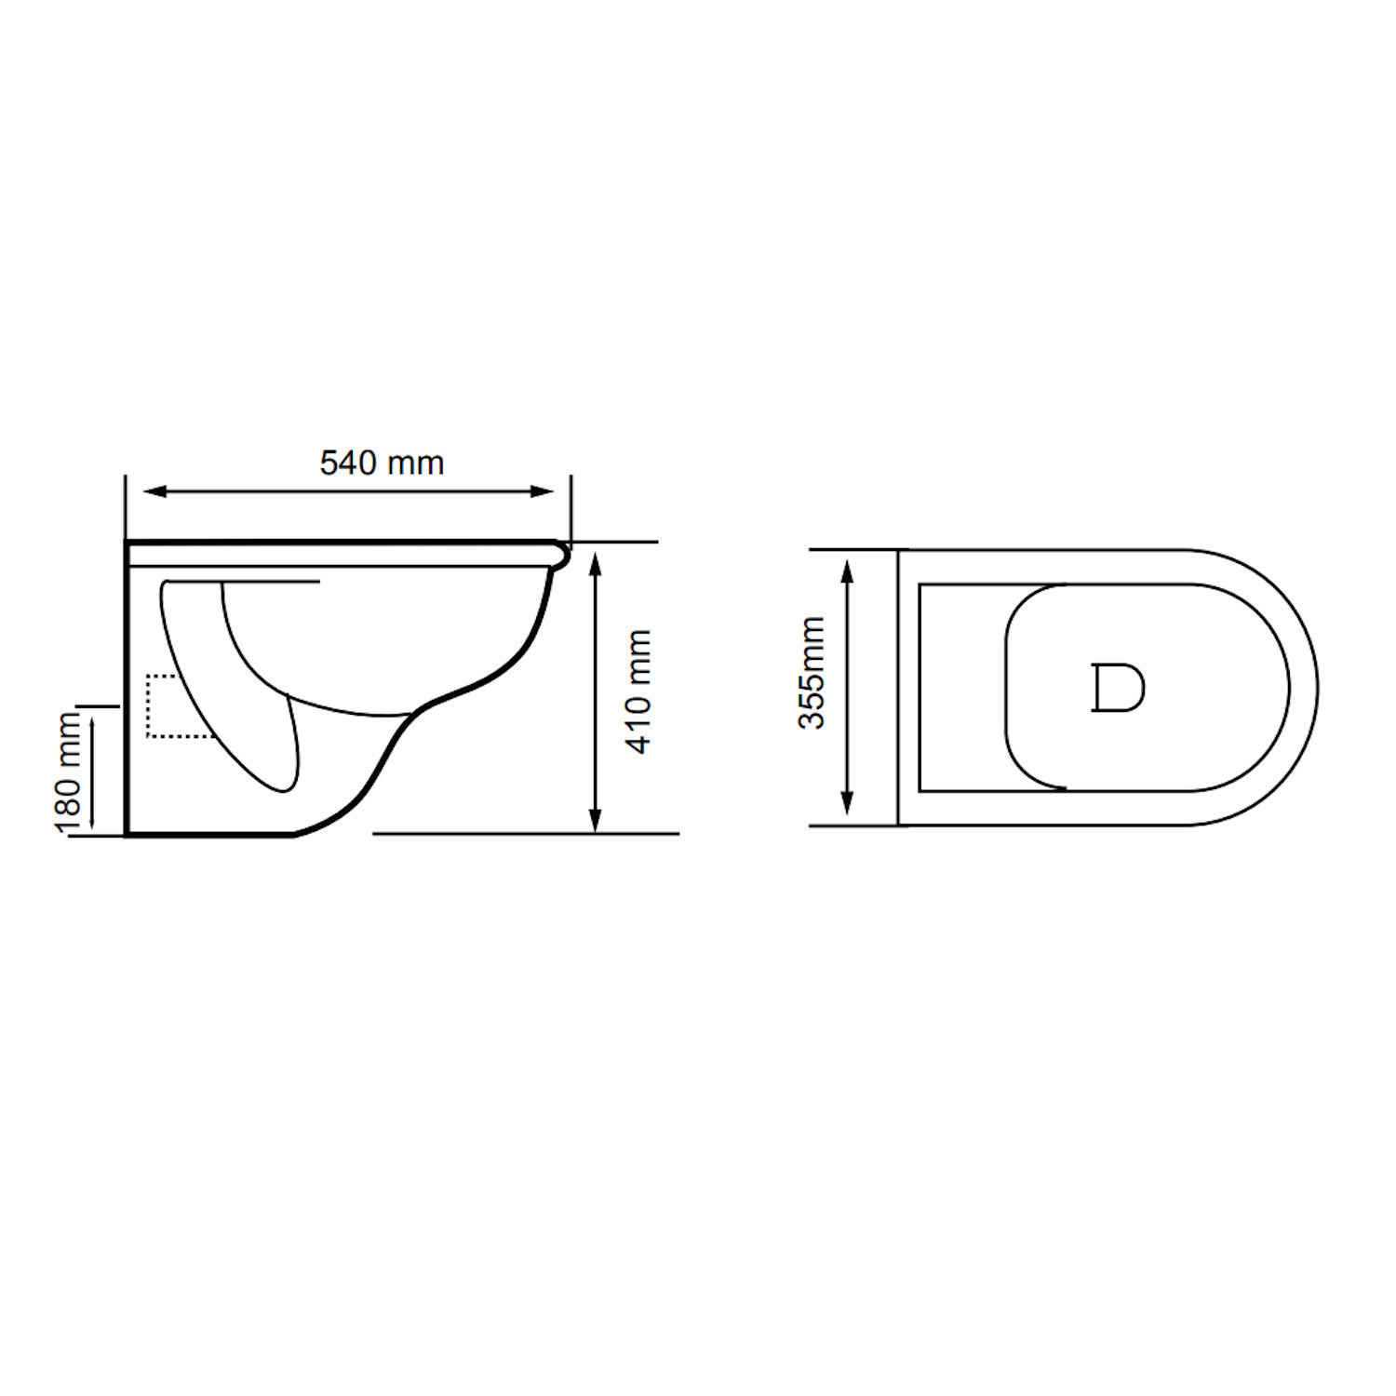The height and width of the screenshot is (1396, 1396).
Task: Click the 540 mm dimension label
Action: click(x=382, y=463)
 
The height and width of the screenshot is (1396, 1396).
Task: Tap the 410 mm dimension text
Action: click(x=638, y=691)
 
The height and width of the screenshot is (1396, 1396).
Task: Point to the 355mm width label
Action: click(x=812, y=672)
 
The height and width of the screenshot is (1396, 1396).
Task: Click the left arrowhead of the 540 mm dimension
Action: click(x=154, y=491)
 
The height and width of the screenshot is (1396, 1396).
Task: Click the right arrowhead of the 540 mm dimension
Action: click(x=543, y=491)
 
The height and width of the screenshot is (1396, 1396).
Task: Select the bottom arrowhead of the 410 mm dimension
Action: click(x=597, y=818)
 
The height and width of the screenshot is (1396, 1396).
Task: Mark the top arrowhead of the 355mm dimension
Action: click(x=847, y=572)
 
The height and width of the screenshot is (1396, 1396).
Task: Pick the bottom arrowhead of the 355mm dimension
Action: click(x=847, y=803)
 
